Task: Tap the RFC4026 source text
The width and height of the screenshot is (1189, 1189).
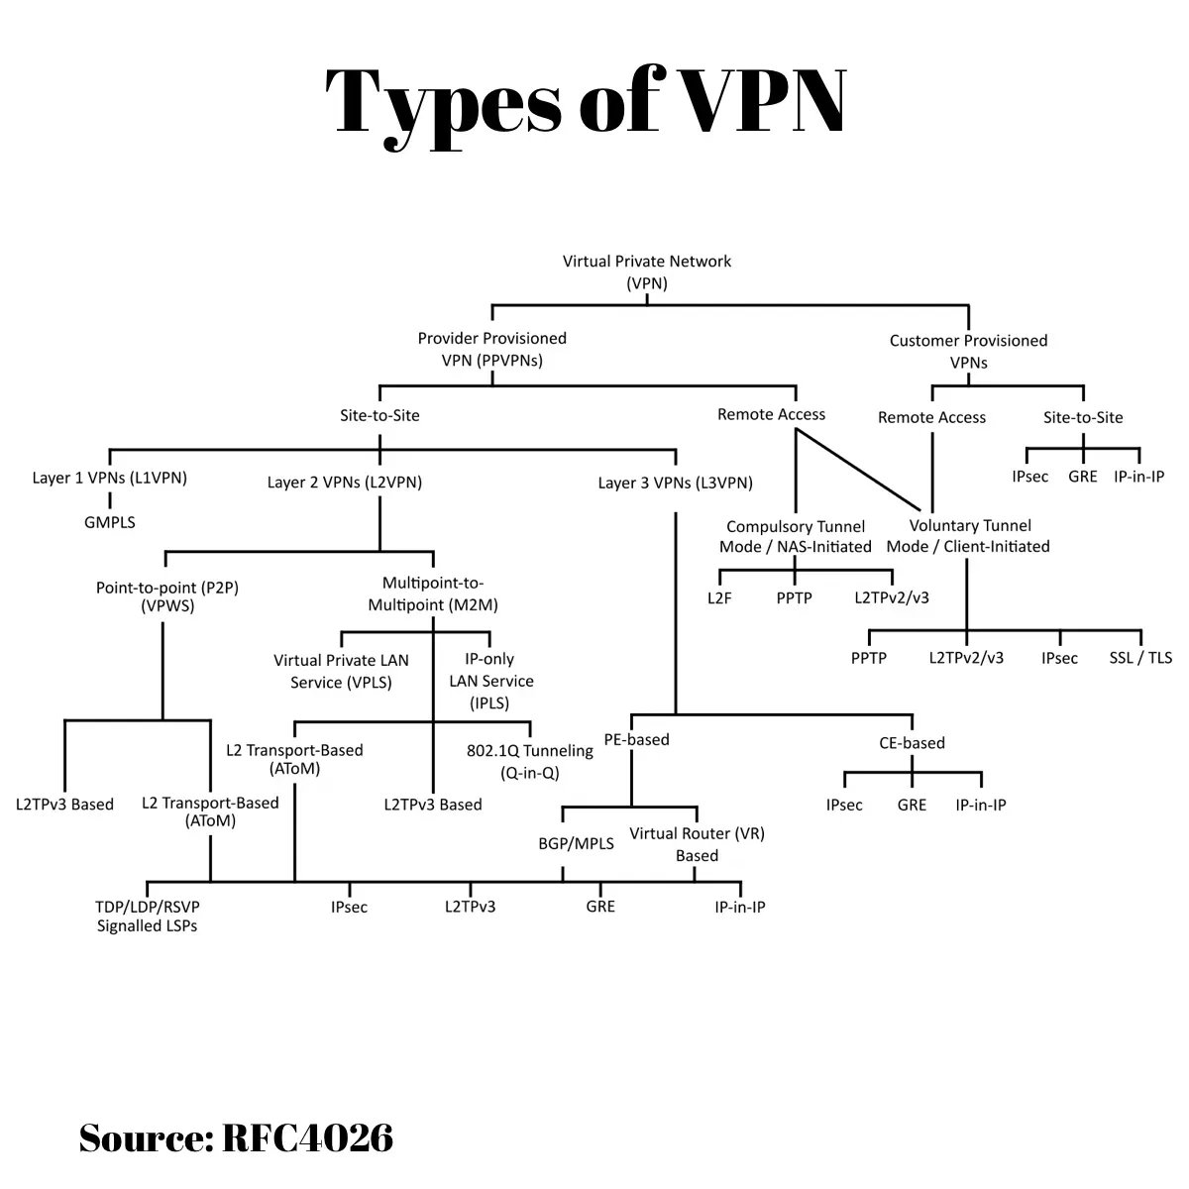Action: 307,1137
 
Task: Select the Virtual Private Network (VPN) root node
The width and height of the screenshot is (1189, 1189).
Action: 647,272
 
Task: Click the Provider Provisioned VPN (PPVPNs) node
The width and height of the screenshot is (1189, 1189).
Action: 492,349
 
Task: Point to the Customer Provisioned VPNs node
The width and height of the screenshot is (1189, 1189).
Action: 968,351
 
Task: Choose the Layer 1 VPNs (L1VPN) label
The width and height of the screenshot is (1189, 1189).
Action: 109,478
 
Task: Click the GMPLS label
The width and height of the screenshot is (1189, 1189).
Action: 109,521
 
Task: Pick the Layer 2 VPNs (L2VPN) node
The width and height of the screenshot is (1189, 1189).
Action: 344,483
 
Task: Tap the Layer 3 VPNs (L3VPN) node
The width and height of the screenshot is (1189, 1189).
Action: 675,483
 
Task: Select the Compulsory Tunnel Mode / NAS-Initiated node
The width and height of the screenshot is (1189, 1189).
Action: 796,536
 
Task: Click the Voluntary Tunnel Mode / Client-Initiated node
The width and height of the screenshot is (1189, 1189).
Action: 968,535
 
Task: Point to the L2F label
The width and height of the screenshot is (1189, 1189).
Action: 719,597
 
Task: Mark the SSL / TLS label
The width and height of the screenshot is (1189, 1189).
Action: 1140,657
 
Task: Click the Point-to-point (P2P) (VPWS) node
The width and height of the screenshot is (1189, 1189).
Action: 167,596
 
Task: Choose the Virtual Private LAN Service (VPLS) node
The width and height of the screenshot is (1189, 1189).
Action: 341,671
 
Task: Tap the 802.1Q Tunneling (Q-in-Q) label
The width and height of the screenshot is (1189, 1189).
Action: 529,760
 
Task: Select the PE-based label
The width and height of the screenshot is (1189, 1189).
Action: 637,739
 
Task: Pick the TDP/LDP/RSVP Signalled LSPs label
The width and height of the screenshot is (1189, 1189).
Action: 147,916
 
